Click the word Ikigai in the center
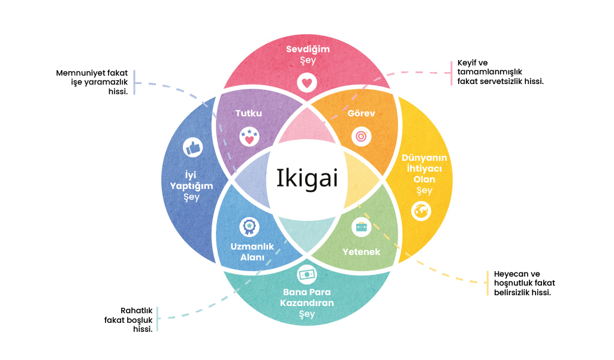click(x=307, y=179)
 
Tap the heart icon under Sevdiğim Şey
click(x=306, y=82)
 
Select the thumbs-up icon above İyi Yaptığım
click(x=191, y=147)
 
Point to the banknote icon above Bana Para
click(x=307, y=274)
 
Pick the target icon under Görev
click(x=360, y=136)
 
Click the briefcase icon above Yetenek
click(x=361, y=227)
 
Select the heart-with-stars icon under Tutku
click(x=249, y=137)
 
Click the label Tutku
click(x=249, y=113)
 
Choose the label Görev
click(x=361, y=113)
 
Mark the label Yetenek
click(x=361, y=251)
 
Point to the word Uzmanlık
click(x=252, y=247)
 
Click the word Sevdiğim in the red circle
click(x=307, y=49)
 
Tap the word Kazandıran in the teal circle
click(x=307, y=303)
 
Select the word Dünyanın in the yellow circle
click(x=424, y=158)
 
